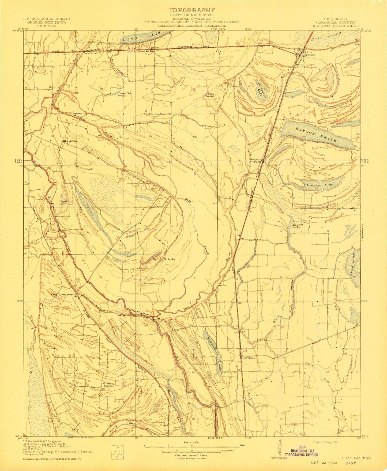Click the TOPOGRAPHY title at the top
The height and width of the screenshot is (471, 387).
(x=192, y=10)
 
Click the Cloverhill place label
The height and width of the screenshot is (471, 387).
(x=248, y=358)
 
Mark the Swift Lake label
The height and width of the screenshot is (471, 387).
(x=63, y=203)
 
